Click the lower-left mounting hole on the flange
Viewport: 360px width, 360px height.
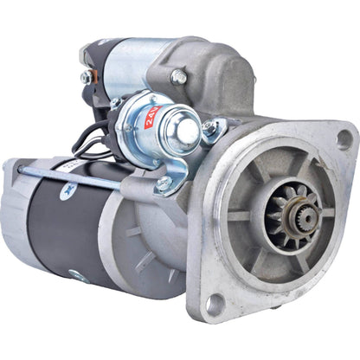click(214, 302)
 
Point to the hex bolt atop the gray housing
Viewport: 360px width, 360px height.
click(179, 77)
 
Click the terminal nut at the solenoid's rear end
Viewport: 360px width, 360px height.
click(86, 78)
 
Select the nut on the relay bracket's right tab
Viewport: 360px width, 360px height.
click(209, 128)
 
